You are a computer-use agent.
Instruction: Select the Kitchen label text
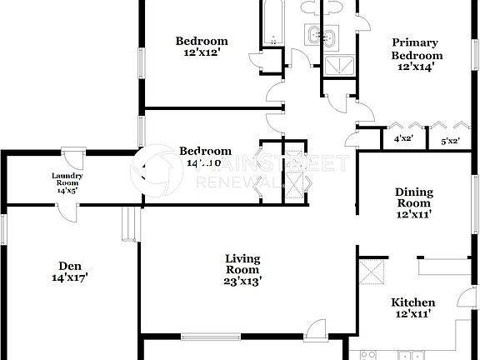pos(413,308)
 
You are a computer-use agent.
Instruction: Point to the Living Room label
pos(242,264)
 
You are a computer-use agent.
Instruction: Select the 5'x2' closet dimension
pos(451,141)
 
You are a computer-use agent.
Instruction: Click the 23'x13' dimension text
pos(243,281)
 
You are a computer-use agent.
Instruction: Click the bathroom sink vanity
pos(320,36)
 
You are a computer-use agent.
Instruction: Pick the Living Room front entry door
pos(317,331)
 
